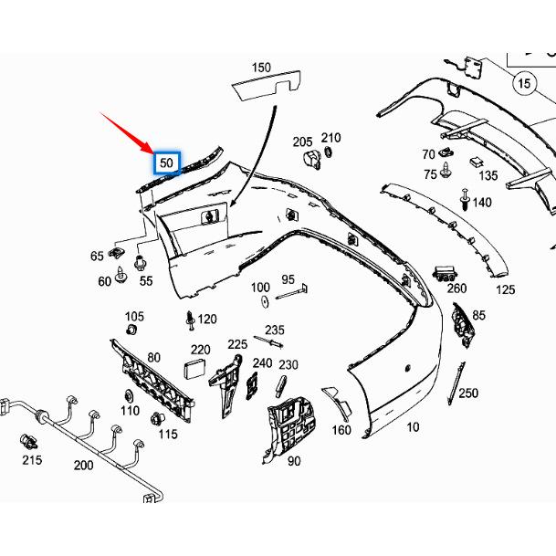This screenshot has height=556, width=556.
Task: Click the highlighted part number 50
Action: (167, 163)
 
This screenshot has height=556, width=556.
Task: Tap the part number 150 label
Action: (261, 68)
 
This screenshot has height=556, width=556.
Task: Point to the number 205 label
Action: (302, 142)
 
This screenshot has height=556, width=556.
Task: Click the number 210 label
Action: (330, 138)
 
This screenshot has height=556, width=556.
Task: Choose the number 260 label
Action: (456, 288)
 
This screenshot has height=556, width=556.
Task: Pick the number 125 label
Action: (505, 289)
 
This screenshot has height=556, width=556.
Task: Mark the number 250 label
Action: (468, 393)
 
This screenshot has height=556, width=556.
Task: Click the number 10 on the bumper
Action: (413, 426)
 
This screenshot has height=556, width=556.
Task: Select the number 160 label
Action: (341, 430)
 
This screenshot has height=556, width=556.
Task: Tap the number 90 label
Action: (294, 461)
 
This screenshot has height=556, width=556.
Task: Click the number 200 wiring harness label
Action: (83, 465)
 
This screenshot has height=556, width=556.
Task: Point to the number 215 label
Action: (32, 460)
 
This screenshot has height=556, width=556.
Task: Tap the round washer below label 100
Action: (262, 302)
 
